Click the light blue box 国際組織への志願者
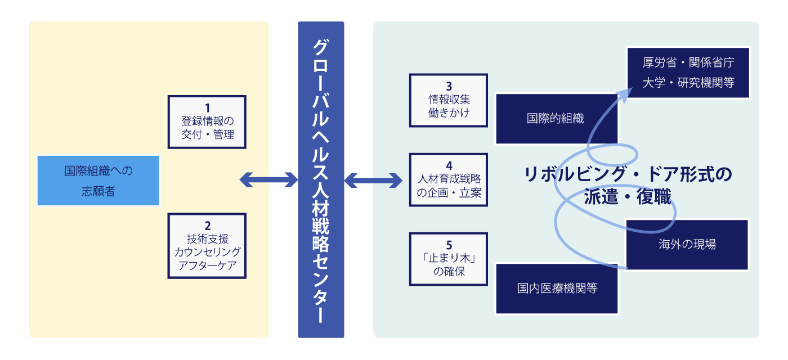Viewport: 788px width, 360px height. pyautogui.click(x=98, y=181)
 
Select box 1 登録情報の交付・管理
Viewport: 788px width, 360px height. pyautogui.click(x=207, y=121)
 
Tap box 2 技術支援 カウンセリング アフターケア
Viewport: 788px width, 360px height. pyautogui.click(x=207, y=246)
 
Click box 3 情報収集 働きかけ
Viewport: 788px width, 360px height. pyautogui.click(x=449, y=100)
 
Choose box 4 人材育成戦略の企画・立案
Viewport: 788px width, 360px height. pyautogui.click(x=449, y=179)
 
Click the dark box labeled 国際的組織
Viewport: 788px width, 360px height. pyautogui.click(x=556, y=119)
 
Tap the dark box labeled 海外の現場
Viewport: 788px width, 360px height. pyautogui.click(x=687, y=245)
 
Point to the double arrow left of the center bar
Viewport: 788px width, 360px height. pyautogui.click(x=268, y=180)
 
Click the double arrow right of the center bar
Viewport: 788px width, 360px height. pyautogui.click(x=373, y=181)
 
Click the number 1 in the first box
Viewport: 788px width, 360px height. pyautogui.click(x=207, y=107)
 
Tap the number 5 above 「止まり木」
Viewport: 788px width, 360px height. pyautogui.click(x=449, y=245)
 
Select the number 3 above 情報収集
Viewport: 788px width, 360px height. pyautogui.click(x=449, y=87)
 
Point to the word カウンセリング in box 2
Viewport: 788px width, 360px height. pyautogui.click(x=207, y=251)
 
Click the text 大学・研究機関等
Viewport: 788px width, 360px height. pyautogui.click(x=688, y=83)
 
